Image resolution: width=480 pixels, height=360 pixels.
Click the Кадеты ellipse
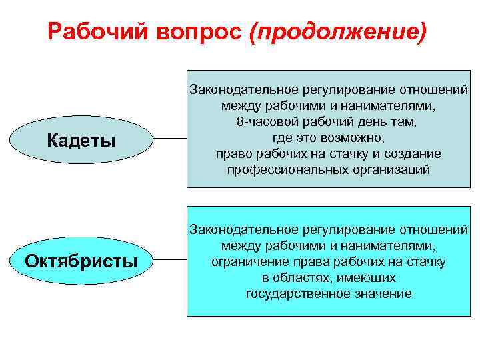[x=82, y=139]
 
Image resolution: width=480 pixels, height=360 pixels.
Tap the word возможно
[x=357, y=139]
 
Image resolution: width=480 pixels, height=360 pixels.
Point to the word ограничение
[x=247, y=261]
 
